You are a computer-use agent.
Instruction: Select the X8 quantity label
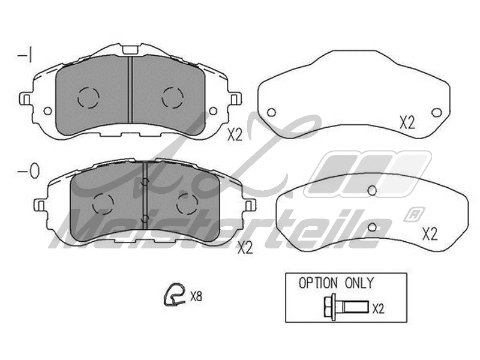tap(196, 296)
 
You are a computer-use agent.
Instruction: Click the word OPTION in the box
tap(318, 283)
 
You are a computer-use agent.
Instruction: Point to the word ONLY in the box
tap(359, 283)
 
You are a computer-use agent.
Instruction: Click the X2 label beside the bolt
tap(379, 309)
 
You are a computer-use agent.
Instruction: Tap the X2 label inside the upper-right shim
tap(407, 123)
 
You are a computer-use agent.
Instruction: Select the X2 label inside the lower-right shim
tap(430, 234)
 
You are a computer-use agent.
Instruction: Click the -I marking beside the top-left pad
tap(25, 56)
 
